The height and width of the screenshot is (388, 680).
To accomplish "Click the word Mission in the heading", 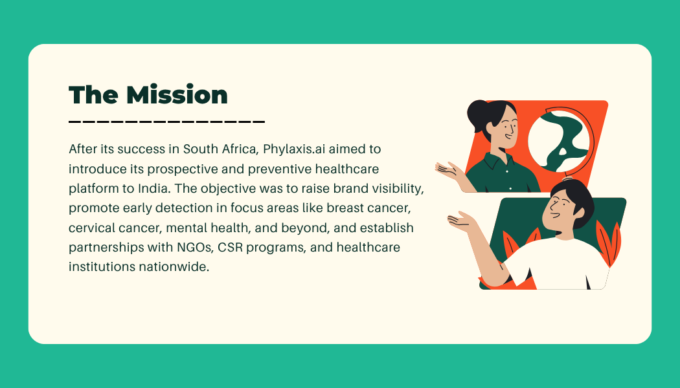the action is coord(177,94).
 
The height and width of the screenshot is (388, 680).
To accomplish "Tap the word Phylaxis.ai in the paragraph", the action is coord(294,149).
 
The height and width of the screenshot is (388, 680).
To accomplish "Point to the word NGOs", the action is coord(195,247).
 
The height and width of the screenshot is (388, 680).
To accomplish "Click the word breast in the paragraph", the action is coord(345,208).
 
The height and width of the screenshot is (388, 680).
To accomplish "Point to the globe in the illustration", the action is coord(558,141).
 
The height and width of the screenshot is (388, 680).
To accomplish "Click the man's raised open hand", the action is coord(462,221).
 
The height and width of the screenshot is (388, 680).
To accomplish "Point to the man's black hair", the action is coord(574,199).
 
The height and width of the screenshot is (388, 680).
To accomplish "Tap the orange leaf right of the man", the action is coord(609,242).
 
